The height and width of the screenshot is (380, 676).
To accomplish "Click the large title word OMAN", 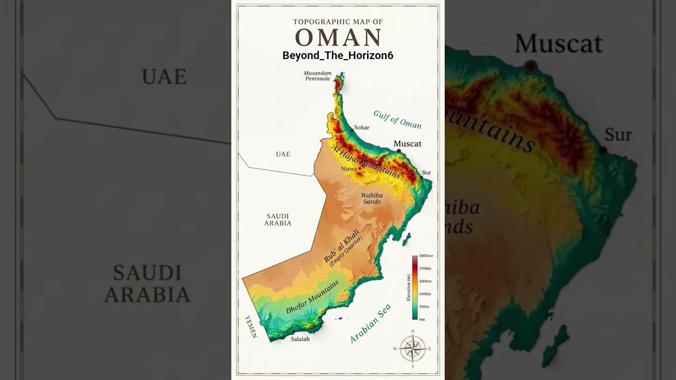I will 338,38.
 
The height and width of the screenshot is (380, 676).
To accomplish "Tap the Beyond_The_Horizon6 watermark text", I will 338,55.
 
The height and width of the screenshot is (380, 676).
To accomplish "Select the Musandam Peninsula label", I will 317,75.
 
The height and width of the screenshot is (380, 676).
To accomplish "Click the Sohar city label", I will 362,128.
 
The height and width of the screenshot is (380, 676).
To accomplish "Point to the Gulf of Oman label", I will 397,120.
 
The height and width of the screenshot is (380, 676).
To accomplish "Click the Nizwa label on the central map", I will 349,169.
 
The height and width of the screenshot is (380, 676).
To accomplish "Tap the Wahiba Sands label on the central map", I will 372,198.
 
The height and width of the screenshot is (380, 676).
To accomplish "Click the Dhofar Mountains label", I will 312,297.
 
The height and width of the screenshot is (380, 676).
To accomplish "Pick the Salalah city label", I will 300,339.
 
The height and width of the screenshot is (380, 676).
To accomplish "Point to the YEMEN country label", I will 250,326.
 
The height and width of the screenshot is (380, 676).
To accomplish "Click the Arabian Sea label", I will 371,324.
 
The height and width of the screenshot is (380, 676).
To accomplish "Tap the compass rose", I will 412,348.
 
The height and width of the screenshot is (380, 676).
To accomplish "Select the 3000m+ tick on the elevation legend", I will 426,256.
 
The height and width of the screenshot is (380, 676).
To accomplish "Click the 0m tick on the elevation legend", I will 422,319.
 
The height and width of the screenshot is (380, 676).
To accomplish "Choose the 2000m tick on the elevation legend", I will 425,281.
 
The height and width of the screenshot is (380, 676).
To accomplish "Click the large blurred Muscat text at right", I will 558,44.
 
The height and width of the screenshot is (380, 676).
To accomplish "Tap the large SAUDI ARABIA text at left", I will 147,284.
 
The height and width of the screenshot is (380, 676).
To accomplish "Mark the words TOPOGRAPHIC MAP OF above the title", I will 338,22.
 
